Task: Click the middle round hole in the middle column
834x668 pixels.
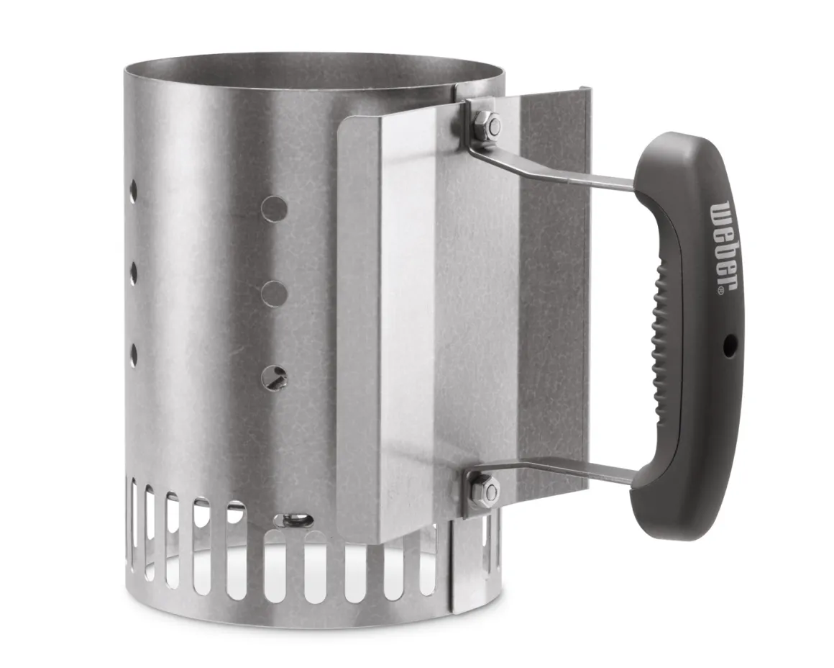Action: (x=275, y=293)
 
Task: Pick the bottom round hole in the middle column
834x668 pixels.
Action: (x=275, y=378)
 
